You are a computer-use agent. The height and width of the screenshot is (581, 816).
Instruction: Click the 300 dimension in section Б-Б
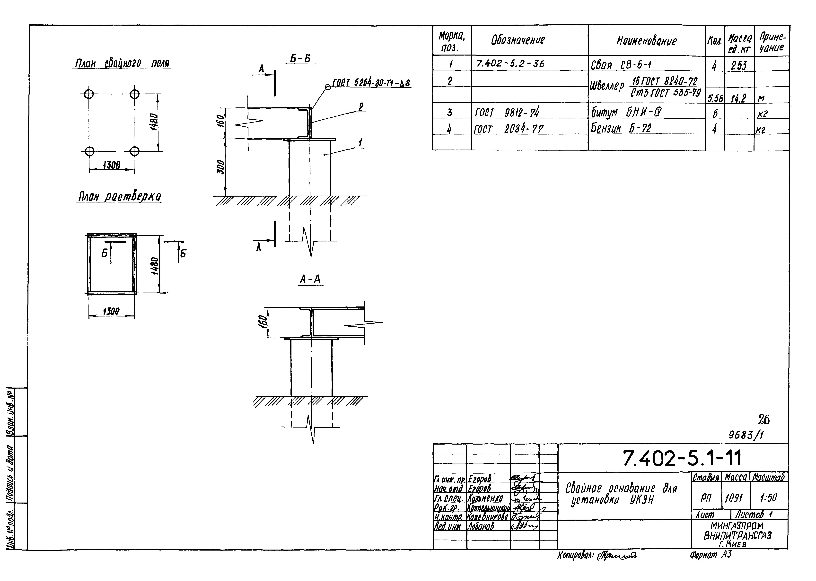[x=221, y=167]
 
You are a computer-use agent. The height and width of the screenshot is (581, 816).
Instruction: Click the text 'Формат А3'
[x=711, y=555]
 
